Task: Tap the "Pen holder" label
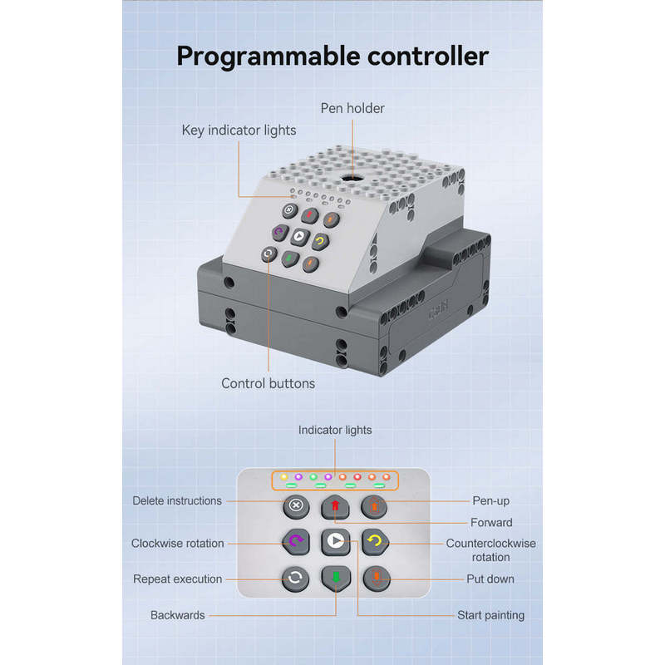pos(352,108)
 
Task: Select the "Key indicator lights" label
pos(239,131)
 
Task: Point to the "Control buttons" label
pos(268,383)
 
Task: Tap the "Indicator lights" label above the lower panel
pos(335,430)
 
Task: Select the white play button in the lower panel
pos(335,541)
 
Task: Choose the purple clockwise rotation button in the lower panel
pos(295,541)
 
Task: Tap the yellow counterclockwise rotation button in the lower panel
pos(375,541)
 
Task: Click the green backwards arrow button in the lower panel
pos(335,577)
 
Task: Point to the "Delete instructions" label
pos(177,501)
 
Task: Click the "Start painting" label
pos(490,616)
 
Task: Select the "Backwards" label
pos(177,616)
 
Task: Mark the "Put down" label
pos(490,579)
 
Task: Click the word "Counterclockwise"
pos(490,544)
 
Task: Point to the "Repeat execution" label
pos(178,579)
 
